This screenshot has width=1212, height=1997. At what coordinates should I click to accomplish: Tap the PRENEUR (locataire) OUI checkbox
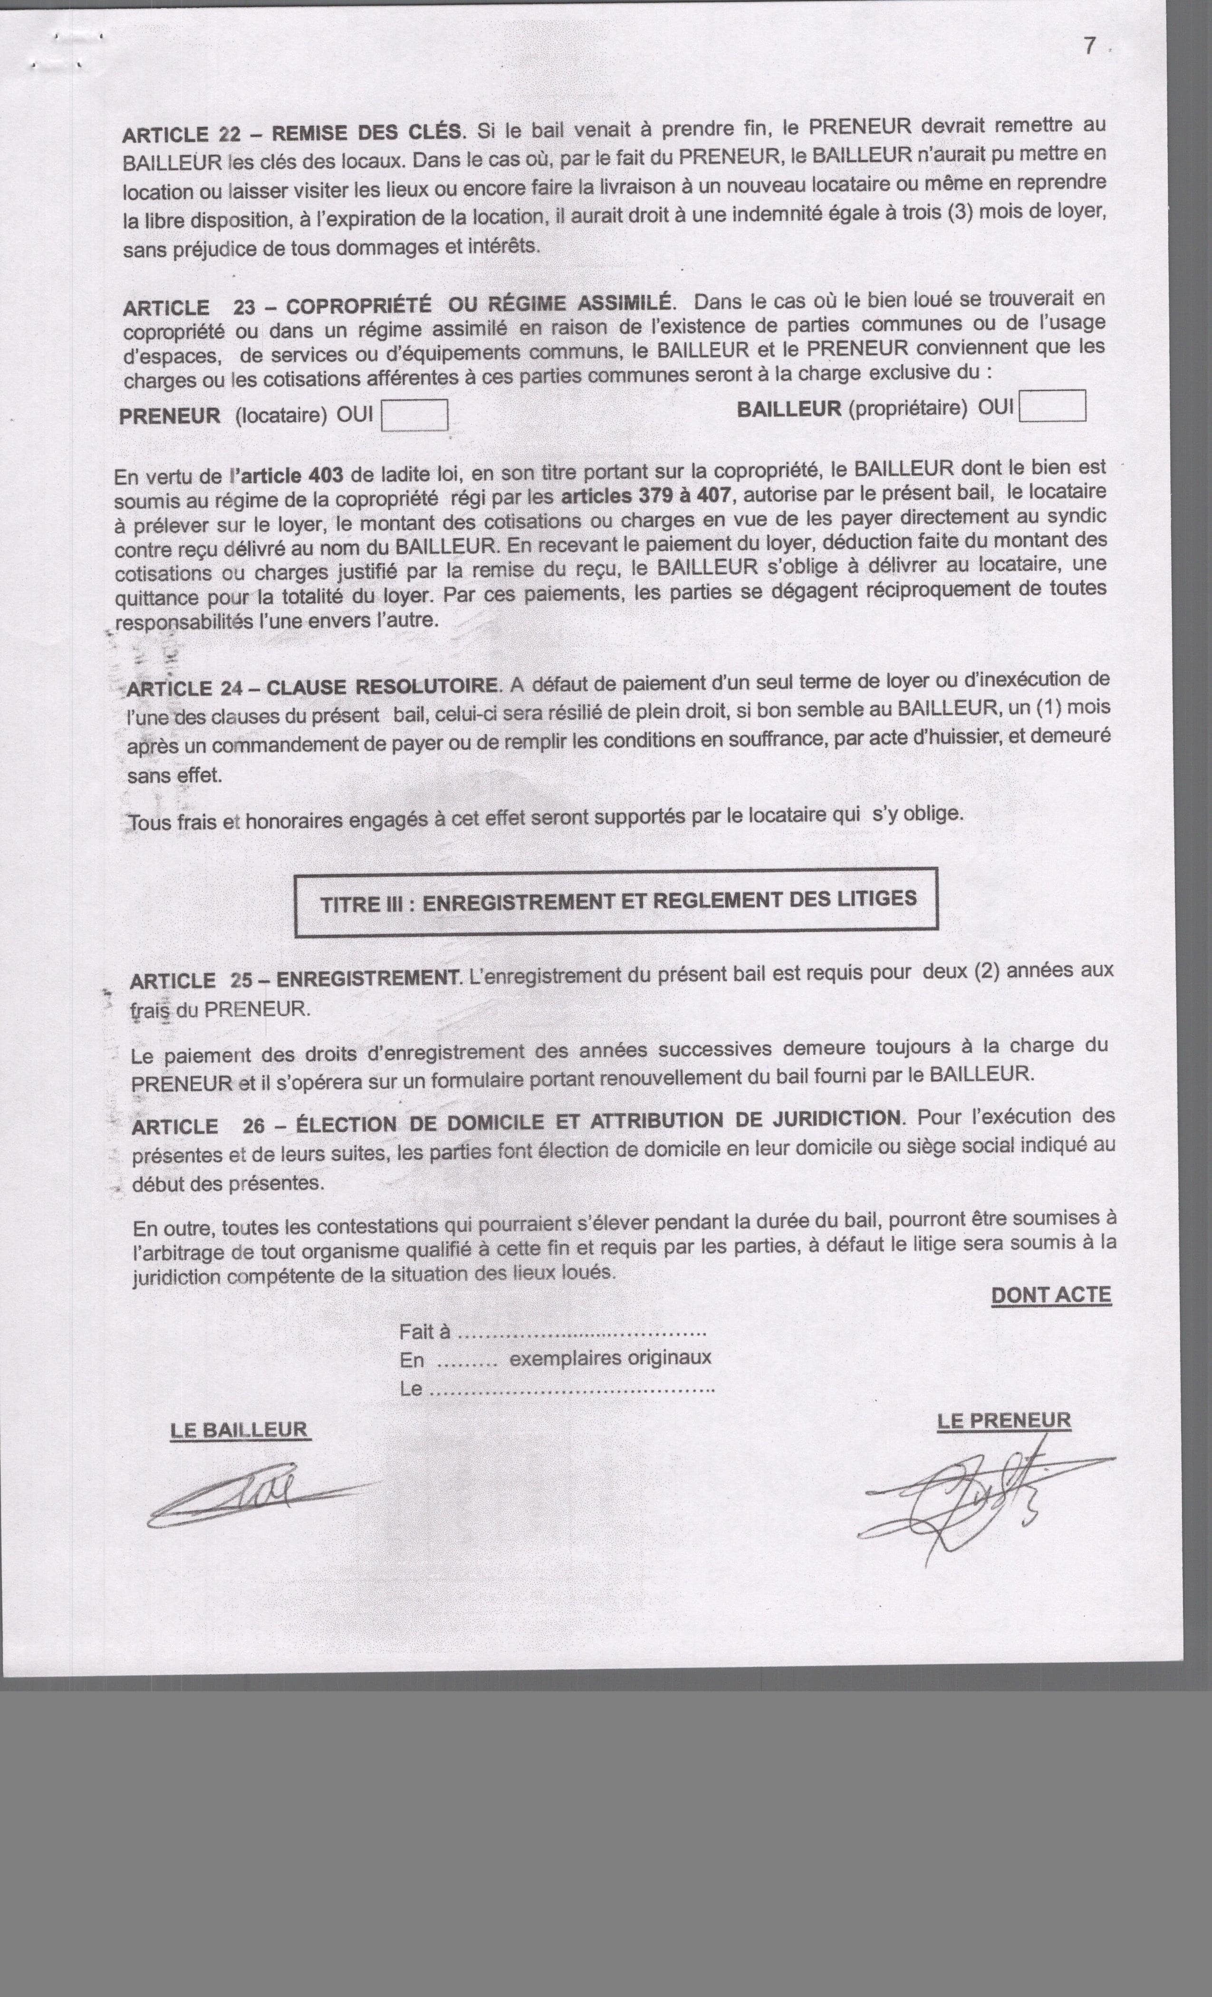(414, 415)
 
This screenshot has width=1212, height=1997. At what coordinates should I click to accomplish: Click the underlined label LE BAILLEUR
(240, 1430)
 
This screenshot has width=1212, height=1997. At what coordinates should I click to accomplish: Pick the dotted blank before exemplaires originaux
(467, 1362)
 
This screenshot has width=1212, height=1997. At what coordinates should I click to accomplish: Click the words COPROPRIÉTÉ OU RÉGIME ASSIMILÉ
(478, 306)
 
